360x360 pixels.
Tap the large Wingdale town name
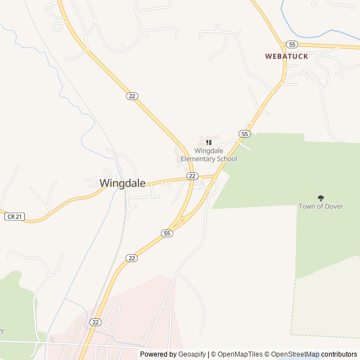pyautogui.click(x=123, y=183)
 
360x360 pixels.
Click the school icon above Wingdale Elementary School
pyautogui.click(x=209, y=143)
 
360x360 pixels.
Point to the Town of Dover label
pyautogui.click(x=321, y=206)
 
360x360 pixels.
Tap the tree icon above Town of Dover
pyautogui.click(x=321, y=198)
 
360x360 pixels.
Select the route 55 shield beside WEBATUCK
pyautogui.click(x=291, y=44)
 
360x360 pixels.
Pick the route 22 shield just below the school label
pyautogui.click(x=192, y=176)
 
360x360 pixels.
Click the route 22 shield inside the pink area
pyautogui.click(x=96, y=322)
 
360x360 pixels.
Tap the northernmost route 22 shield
pyautogui.click(x=132, y=96)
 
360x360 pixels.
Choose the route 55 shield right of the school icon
pyautogui.click(x=244, y=134)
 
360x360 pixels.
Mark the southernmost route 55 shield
pyautogui.click(x=166, y=233)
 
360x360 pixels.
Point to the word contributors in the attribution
pyautogui.click(x=339, y=354)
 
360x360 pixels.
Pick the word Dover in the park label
pyautogui.click(x=332, y=206)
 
